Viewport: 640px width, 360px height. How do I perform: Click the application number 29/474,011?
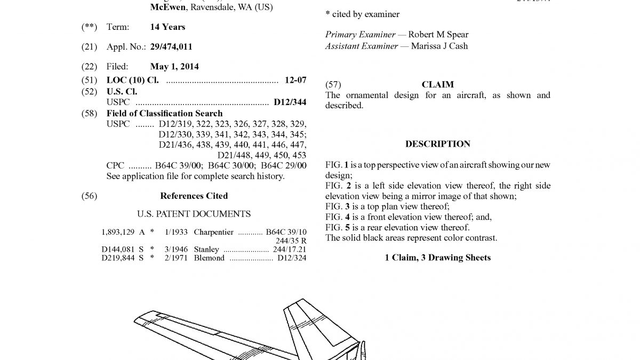pyautogui.click(x=171, y=47)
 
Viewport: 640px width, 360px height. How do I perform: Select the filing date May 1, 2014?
pyautogui.click(x=174, y=67)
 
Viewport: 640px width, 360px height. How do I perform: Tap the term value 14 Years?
pyautogui.click(x=168, y=27)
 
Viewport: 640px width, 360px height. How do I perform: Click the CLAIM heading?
pyautogui.click(x=437, y=84)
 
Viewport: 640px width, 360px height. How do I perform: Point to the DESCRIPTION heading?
pyautogui.click(x=437, y=144)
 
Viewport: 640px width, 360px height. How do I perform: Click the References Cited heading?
pyautogui.click(x=194, y=196)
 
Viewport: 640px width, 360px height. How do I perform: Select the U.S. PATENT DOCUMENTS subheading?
pyautogui.click(x=194, y=214)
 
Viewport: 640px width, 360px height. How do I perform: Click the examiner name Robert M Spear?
pyautogui.click(x=438, y=35)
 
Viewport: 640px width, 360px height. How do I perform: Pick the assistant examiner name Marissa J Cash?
pyautogui.click(x=439, y=46)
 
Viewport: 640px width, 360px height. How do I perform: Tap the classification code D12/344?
pyautogui.click(x=290, y=102)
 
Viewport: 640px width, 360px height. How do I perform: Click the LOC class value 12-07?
pyautogui.click(x=295, y=80)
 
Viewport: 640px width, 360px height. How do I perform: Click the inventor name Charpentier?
pyautogui.click(x=213, y=232)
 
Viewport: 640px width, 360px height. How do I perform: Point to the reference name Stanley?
pyautogui.click(x=206, y=249)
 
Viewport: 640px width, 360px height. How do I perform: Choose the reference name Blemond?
pyautogui.click(x=209, y=258)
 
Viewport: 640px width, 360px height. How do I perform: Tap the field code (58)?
pyautogui.click(x=89, y=113)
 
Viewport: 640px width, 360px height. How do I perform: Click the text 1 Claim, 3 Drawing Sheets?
pyautogui.click(x=437, y=258)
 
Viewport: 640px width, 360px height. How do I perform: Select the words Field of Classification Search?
pyautogui.click(x=164, y=113)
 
